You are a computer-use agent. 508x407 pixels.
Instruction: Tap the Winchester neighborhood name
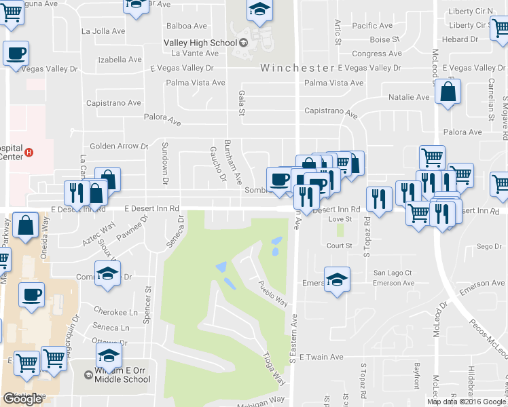pos(296,68)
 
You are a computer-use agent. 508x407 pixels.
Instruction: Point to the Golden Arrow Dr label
pos(119,146)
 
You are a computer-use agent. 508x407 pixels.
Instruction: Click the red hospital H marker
pos(29,152)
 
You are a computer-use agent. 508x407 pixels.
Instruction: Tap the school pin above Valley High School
pos(259,11)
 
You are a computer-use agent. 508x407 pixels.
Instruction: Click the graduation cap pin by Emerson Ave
pos(337,280)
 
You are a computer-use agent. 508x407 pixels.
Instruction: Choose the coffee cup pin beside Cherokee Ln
pos(31,295)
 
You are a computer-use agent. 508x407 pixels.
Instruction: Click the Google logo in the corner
pos(22,399)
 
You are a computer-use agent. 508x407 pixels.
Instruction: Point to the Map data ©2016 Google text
pos(466,402)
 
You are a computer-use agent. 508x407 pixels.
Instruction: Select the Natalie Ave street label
pos(409,97)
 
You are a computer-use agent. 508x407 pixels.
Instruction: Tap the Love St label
pos(340,219)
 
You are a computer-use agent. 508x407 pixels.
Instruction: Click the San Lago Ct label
pos(393,273)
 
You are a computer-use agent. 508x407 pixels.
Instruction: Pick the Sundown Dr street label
pos(164,163)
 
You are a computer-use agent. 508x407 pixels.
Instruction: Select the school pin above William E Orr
pos(109,356)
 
